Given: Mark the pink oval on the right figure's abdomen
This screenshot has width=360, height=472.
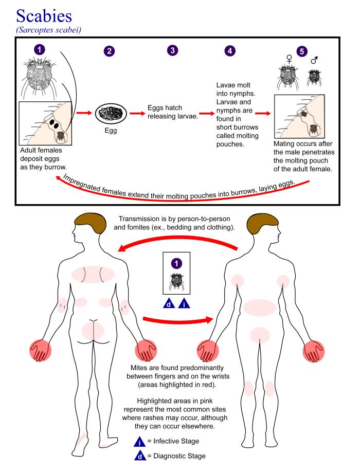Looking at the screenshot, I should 260,307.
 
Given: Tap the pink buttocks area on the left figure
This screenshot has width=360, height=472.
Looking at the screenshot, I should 92,329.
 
